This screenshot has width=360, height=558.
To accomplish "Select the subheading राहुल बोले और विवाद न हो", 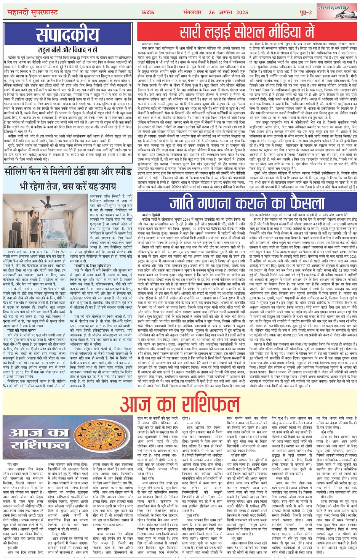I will coord(68,50).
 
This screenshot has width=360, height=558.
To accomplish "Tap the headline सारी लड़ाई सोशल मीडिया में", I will coord(247,32).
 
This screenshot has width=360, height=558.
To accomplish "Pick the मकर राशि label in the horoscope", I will coord(283,478).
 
